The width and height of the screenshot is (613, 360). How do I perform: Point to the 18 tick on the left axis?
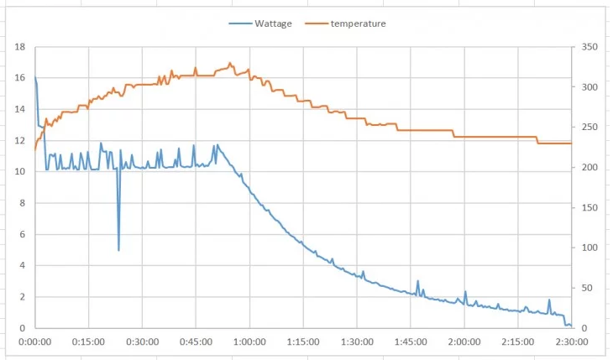[19, 47]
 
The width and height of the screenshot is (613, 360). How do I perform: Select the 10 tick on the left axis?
[19, 172]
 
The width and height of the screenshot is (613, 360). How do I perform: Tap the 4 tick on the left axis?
[22, 266]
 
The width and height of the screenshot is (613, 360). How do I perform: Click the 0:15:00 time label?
[88, 342]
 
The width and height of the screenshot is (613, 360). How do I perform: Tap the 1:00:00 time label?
[249, 342]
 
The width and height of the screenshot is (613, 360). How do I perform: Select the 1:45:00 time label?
[411, 342]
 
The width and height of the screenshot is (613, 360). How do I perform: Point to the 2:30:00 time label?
[571, 342]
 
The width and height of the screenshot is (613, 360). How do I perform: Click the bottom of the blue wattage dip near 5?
[118, 250]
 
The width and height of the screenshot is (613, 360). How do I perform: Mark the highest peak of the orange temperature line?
[230, 63]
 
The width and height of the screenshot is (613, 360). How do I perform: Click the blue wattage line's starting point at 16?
[35, 78]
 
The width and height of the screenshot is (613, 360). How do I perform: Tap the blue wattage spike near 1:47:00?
[417, 281]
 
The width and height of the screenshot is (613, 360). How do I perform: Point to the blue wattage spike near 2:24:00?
[549, 300]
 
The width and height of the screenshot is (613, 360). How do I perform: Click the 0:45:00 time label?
[196, 342]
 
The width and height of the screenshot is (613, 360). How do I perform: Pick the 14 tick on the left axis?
[19, 110]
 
